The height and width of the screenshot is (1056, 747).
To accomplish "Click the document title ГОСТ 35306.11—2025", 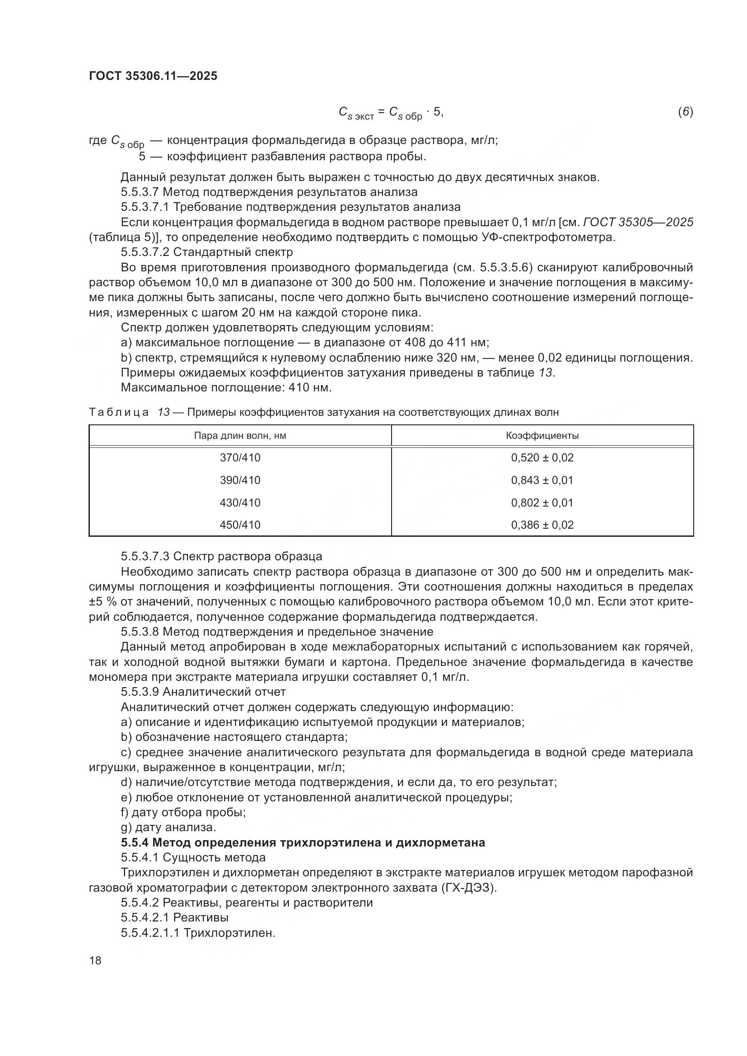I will click(x=153, y=76).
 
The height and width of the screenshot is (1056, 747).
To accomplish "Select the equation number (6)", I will click(x=685, y=112).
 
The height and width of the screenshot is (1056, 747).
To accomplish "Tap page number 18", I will click(x=95, y=960).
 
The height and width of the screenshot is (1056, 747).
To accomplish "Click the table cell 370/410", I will click(x=240, y=458).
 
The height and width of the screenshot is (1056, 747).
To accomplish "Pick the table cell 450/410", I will click(x=240, y=525).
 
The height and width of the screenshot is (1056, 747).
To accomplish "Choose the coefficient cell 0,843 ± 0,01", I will click(x=542, y=480).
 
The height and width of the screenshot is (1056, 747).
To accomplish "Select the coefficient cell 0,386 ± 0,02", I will click(x=542, y=525).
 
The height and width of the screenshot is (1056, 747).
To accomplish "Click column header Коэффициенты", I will click(x=542, y=436).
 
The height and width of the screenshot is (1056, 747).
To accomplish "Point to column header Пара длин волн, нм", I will click(x=240, y=436).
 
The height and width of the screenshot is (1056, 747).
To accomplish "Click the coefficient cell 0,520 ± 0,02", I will click(x=542, y=458).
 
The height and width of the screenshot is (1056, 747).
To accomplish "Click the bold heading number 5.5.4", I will click(x=135, y=842).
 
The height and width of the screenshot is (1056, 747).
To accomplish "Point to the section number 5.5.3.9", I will click(x=140, y=692).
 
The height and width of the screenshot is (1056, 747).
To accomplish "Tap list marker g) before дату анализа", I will click(x=126, y=828).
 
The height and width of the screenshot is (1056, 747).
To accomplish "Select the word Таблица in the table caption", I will click(x=119, y=412).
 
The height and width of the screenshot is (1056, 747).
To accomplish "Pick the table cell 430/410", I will click(x=240, y=502).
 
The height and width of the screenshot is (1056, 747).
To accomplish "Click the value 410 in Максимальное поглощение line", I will click(x=299, y=387).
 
